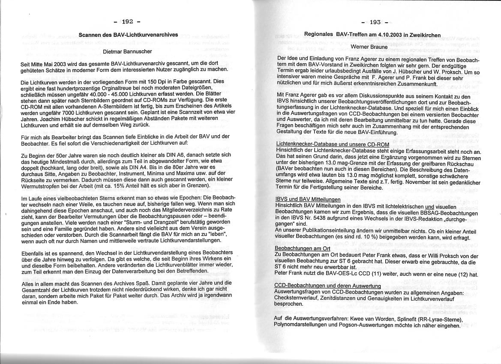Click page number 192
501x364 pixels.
click(x=127, y=21)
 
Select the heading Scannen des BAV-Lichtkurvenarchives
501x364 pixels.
click(x=128, y=34)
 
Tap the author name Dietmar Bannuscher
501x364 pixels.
click(x=128, y=52)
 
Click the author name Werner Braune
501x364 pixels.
click(x=369, y=46)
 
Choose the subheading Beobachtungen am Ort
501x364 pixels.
click(x=303, y=248)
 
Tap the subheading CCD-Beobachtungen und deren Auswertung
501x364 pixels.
click(x=327, y=286)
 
